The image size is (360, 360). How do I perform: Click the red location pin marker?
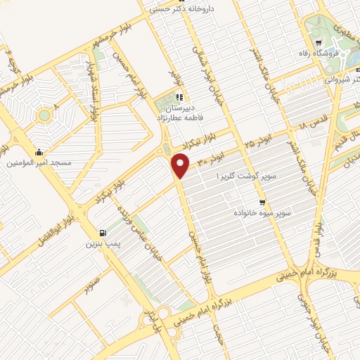(181, 166)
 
